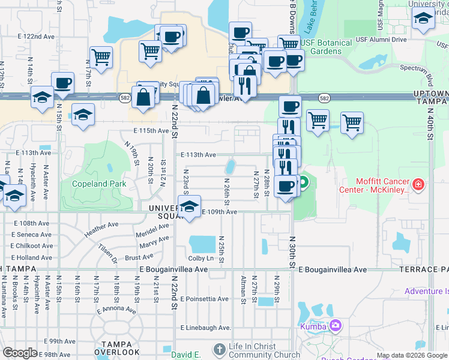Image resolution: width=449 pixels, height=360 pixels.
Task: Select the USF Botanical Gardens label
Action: (327, 47)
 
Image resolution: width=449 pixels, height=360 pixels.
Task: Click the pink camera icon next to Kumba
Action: (335, 326)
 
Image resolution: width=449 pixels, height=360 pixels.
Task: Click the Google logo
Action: (20, 353)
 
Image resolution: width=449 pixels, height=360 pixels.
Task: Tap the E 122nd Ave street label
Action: (36, 37)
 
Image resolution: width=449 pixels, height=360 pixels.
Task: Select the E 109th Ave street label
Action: (219, 212)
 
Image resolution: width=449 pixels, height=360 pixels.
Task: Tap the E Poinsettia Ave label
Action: (204, 299)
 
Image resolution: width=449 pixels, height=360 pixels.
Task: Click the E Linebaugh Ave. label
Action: (206, 328)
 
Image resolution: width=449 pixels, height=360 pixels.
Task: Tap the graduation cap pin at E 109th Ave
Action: (190, 208)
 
